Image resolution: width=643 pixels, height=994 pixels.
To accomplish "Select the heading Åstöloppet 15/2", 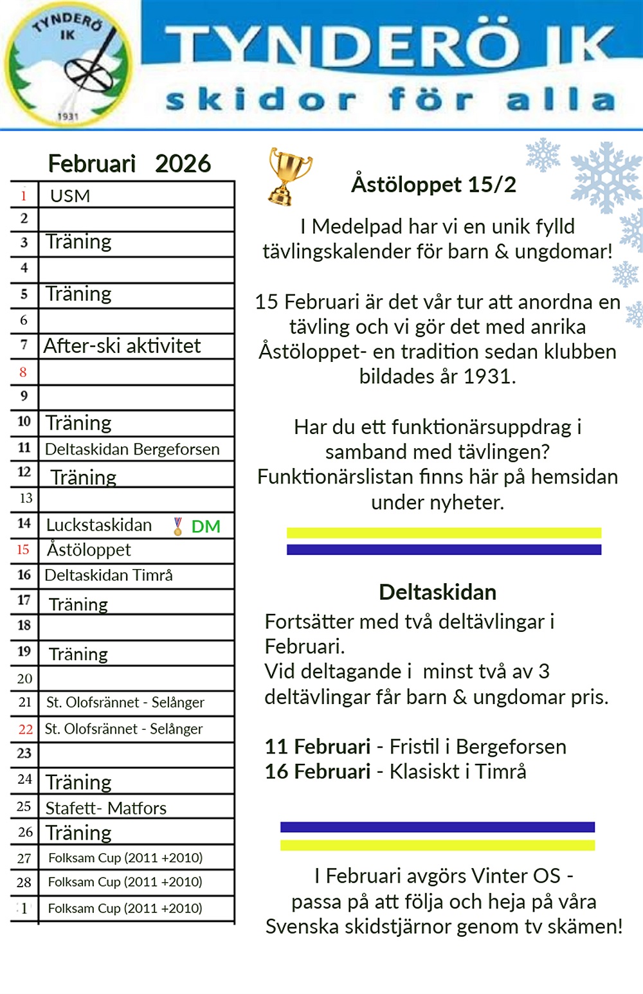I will [433, 185].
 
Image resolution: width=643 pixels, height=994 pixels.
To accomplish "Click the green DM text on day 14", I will [206, 527].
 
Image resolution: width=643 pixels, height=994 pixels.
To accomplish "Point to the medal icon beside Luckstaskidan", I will [178, 527].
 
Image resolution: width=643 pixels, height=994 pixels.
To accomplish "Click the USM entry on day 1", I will [70, 195].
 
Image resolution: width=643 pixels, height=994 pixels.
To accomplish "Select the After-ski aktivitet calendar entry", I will [122, 346].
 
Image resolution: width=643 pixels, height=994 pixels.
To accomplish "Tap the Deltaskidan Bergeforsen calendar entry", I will [132, 449].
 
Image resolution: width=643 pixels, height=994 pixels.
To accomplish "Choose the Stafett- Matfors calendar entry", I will [106, 808].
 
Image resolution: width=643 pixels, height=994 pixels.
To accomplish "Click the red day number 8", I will [23, 372].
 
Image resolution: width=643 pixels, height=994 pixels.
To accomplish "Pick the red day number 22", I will [25, 729].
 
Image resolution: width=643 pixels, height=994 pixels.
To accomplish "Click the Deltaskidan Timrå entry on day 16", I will [109, 575].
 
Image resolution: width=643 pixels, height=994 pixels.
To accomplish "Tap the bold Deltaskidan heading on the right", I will [437, 592].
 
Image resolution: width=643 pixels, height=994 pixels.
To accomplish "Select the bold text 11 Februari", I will [318, 746].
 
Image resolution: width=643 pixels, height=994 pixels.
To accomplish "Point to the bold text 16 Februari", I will [318, 772].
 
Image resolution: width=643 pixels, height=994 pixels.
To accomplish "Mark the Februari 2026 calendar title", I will [129, 164].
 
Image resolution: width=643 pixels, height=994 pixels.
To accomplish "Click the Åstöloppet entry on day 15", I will [89, 550].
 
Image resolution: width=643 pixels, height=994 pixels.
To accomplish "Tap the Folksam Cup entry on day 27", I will [125, 858].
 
